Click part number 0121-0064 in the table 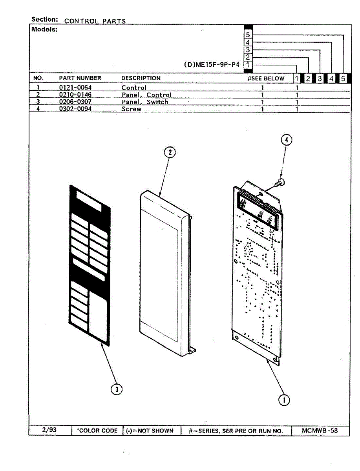click(x=75, y=88)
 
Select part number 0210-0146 click(x=75, y=95)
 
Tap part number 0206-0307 click(x=75, y=102)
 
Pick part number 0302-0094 click(x=75, y=109)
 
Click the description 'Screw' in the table click(x=131, y=109)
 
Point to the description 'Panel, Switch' click(x=144, y=102)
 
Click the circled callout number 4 click(x=286, y=140)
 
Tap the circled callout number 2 click(x=170, y=152)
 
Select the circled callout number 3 click(x=116, y=389)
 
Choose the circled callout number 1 click(x=284, y=400)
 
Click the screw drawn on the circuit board click(x=280, y=182)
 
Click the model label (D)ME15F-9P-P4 click(x=211, y=65)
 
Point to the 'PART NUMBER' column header click(x=80, y=78)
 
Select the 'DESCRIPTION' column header click(x=141, y=78)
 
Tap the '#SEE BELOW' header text click(x=266, y=78)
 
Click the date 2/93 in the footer click(x=49, y=430)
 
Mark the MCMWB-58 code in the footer click(x=320, y=431)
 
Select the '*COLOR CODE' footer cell click(x=97, y=431)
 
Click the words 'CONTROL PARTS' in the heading click(x=95, y=21)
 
